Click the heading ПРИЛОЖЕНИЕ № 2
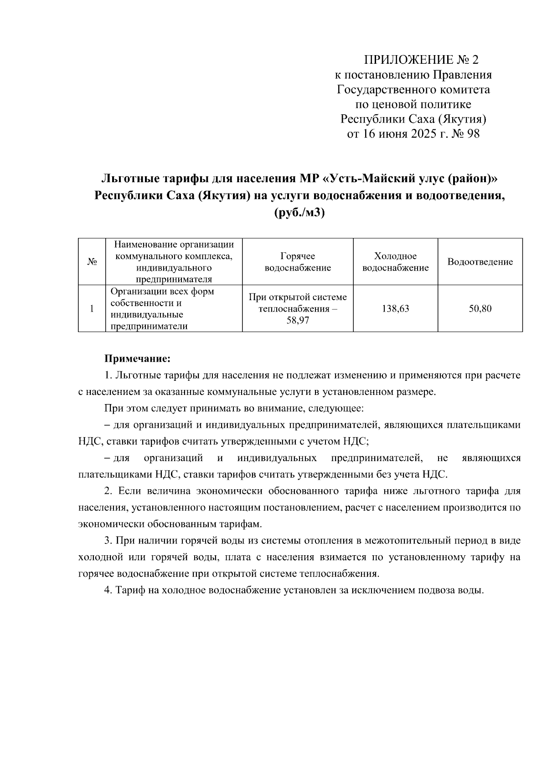(422, 60)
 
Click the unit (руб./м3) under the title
(299, 213)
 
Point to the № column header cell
(92, 262)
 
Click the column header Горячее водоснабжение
(298, 262)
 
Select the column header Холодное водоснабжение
(395, 262)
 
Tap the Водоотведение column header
(480, 262)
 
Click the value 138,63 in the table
(395, 309)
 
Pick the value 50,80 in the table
(480, 309)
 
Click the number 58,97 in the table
(298, 321)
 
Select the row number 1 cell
(92, 309)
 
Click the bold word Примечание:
(137, 358)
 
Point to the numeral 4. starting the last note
(108, 590)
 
